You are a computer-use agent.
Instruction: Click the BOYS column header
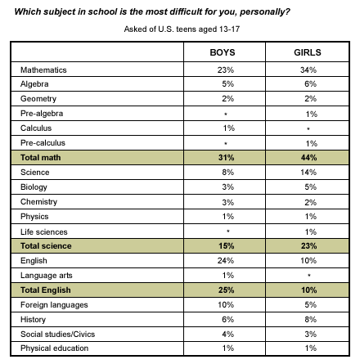[x=223, y=52]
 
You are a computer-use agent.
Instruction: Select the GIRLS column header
[x=308, y=52]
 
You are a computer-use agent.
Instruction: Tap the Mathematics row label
[x=43, y=70]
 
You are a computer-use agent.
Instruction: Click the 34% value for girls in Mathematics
[x=308, y=70]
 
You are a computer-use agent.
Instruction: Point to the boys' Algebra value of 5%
[x=227, y=83]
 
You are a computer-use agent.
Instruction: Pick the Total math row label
[x=41, y=158]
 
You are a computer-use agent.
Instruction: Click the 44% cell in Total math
[x=308, y=158]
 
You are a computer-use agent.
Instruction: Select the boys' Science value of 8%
[x=227, y=173]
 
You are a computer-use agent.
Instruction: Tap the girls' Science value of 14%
[x=308, y=173]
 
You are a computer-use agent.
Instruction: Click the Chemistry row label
[x=38, y=202]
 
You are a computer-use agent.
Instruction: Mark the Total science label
[x=46, y=246]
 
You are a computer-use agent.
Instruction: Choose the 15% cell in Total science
[x=226, y=246]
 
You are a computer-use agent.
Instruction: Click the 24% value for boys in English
[x=226, y=261]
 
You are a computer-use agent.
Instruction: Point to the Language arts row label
[x=47, y=276]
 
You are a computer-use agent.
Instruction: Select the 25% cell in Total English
[x=226, y=290]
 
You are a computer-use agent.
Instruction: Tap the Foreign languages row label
[x=54, y=305]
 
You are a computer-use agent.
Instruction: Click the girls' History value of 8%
[x=310, y=320]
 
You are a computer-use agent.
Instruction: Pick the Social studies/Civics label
[x=57, y=335]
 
